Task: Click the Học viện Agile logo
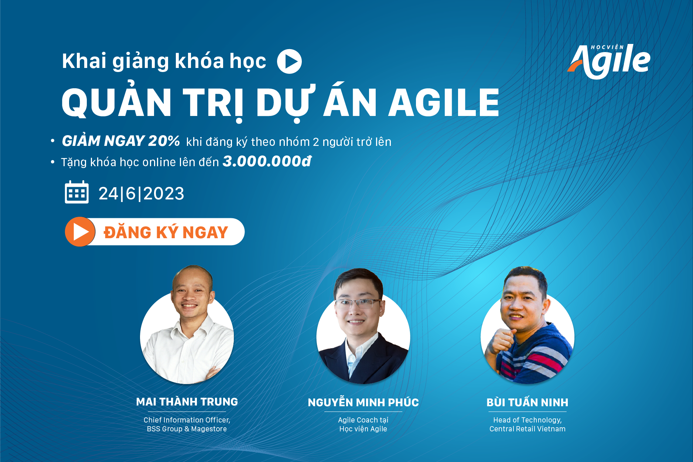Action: (609, 61)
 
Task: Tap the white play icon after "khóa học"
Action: (289, 61)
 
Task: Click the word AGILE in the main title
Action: (444, 103)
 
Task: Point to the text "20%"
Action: (164, 141)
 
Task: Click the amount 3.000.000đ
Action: (267, 161)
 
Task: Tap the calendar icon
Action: (77, 192)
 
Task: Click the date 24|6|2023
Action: (141, 194)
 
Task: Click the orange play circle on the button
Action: (80, 232)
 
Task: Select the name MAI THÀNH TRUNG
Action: (187, 401)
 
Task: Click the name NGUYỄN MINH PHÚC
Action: (363, 402)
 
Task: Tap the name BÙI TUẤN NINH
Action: (528, 402)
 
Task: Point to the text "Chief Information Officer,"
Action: (187, 420)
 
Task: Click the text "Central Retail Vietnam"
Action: (528, 429)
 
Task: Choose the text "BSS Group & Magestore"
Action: (187, 429)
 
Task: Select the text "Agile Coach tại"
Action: (363, 420)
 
